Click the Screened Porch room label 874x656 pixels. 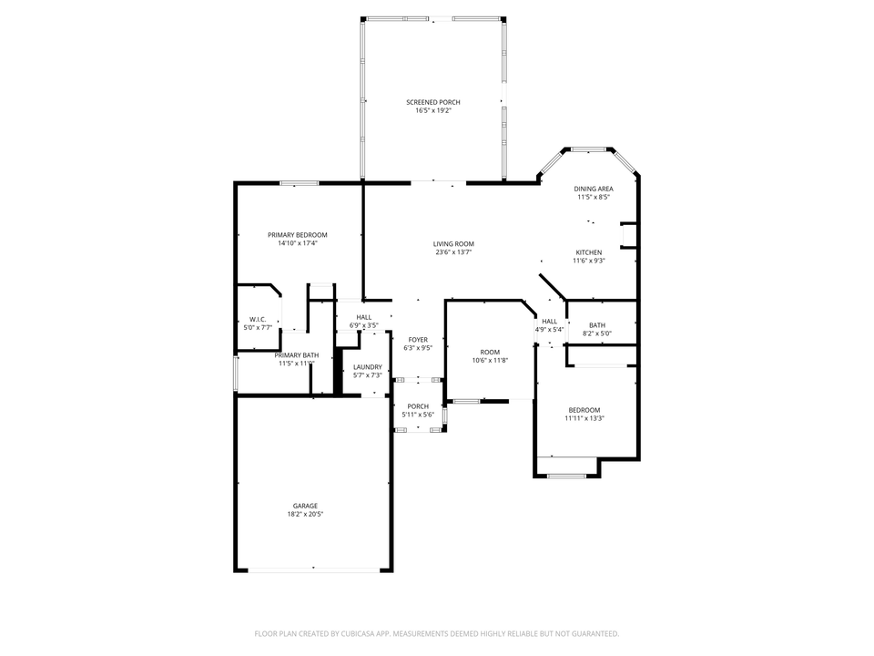[x=432, y=102]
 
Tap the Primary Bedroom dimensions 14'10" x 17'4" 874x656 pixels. [x=297, y=243]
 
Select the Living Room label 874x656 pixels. [x=453, y=243]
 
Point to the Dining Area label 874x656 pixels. [x=593, y=189]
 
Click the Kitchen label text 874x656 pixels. [x=589, y=251]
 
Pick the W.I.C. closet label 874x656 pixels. [x=258, y=319]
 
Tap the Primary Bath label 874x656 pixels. [x=297, y=355]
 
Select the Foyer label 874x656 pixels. [x=418, y=340]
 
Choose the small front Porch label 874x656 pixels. [x=418, y=406]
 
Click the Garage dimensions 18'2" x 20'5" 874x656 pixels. [x=305, y=514]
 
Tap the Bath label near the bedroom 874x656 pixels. [x=597, y=325]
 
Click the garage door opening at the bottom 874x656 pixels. [x=314, y=570]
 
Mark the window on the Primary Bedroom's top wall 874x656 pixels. [x=299, y=183]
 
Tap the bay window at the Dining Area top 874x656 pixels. [x=589, y=148]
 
